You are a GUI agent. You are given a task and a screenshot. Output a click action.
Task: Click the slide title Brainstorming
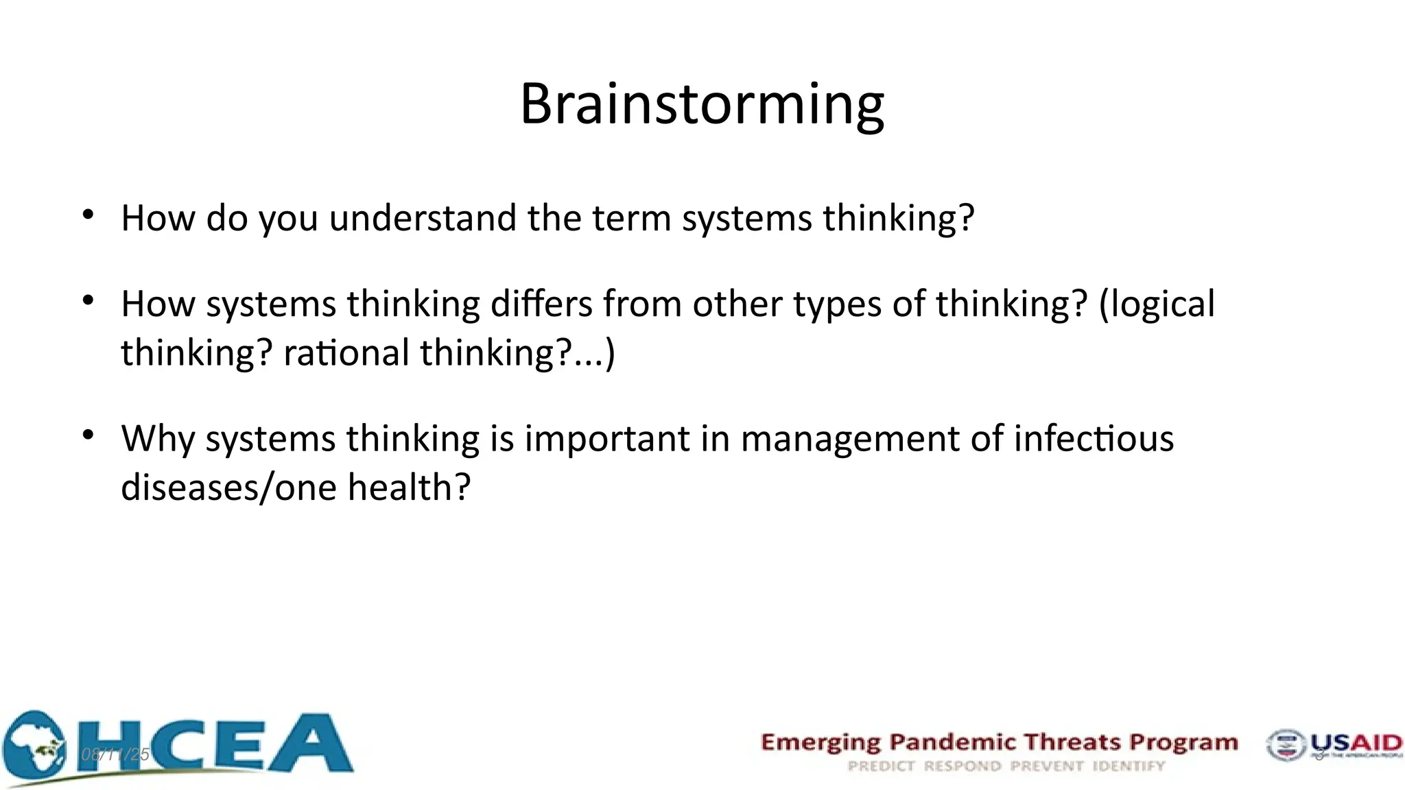702,104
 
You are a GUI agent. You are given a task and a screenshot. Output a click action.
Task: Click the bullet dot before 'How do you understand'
88,215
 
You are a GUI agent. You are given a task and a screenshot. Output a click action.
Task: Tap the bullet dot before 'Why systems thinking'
88,435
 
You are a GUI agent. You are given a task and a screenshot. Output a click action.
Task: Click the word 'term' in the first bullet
631,218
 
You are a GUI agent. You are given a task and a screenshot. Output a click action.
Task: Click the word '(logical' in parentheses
1157,304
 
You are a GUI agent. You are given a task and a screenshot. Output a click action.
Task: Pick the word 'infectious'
1094,438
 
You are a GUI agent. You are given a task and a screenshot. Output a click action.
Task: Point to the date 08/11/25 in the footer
115,755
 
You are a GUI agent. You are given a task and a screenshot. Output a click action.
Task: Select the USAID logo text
1356,743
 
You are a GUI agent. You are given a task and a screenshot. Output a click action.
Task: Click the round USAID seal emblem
1285,745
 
